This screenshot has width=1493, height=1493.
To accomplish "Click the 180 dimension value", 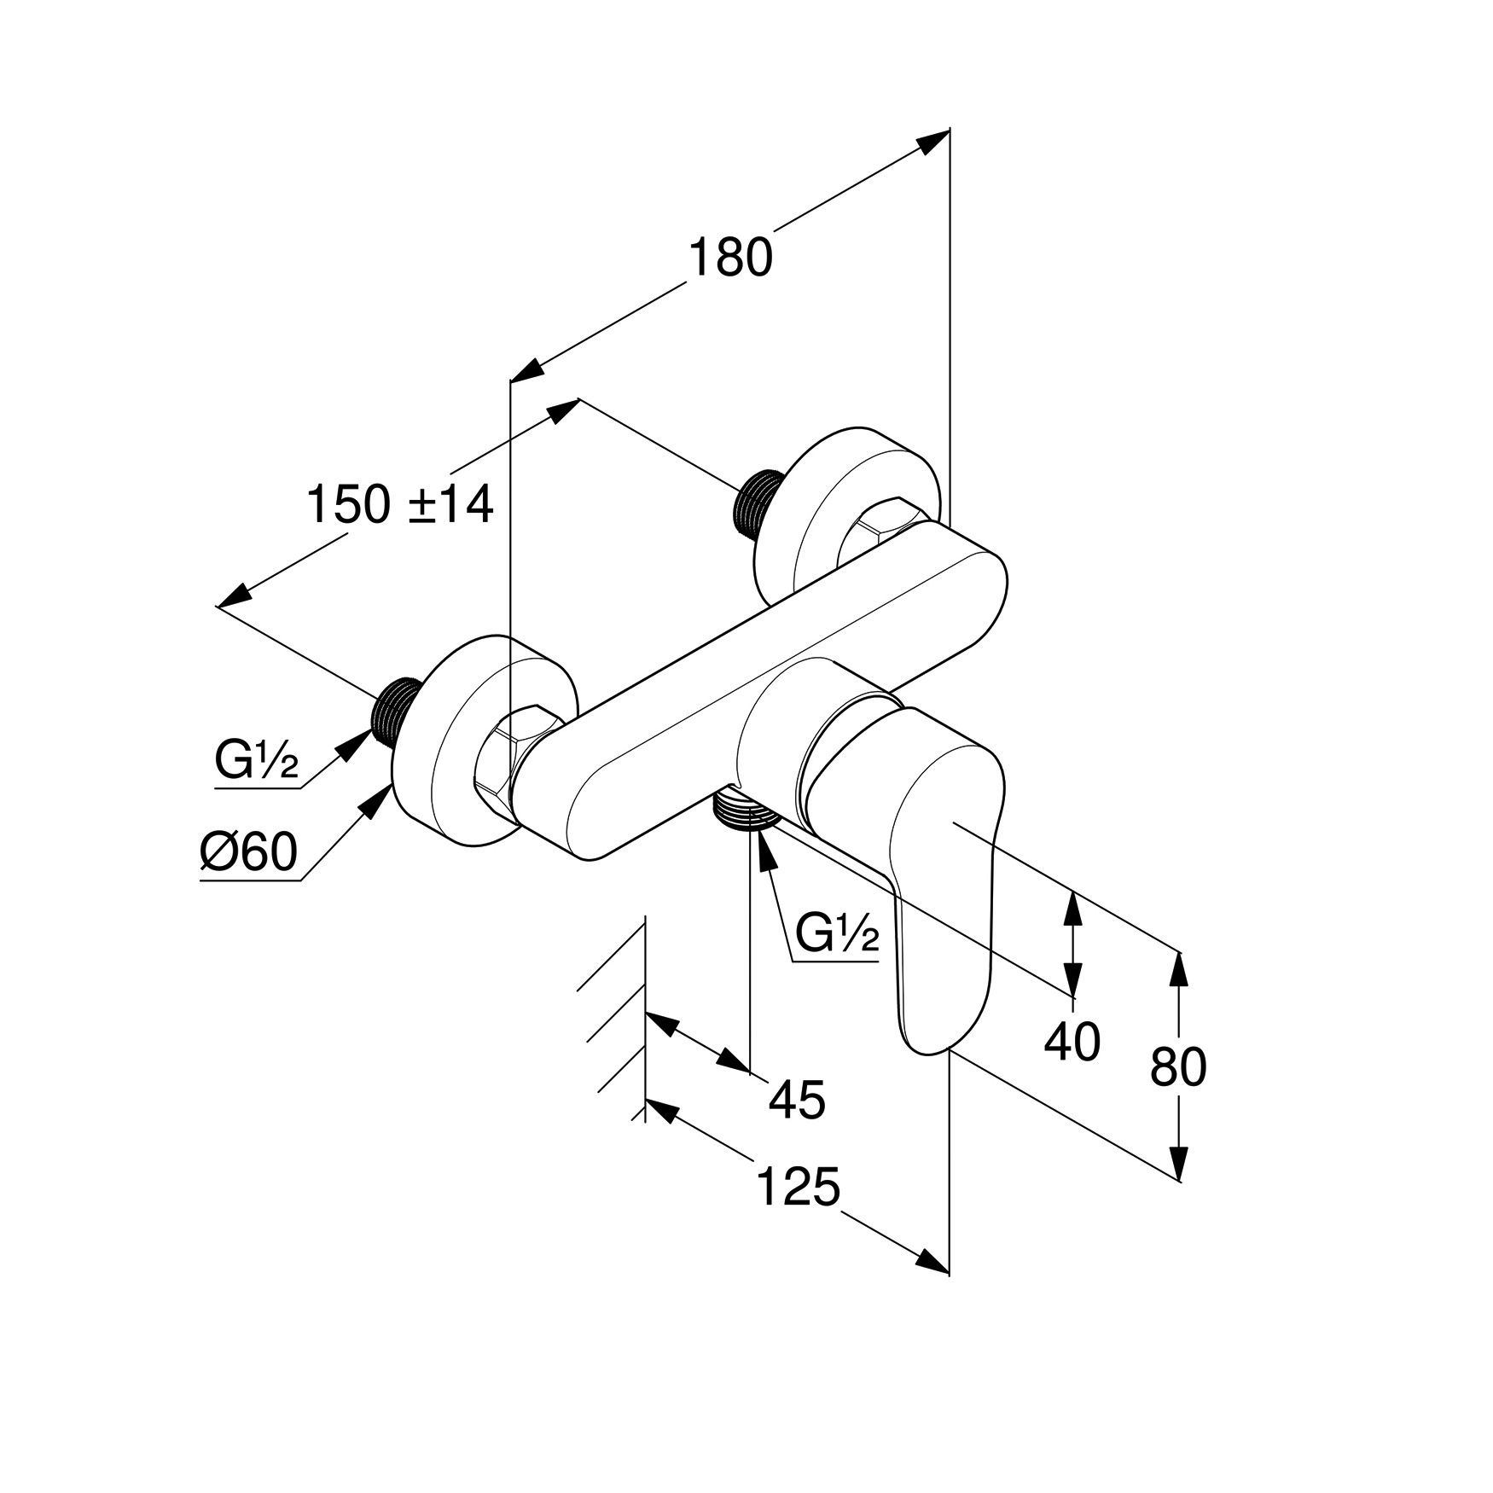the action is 730,258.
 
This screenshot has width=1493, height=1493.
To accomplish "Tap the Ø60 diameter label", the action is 248,851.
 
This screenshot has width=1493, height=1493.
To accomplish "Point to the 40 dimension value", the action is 1072,1041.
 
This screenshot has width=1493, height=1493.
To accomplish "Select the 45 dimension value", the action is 798,1099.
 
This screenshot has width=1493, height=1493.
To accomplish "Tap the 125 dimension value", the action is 799,1188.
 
